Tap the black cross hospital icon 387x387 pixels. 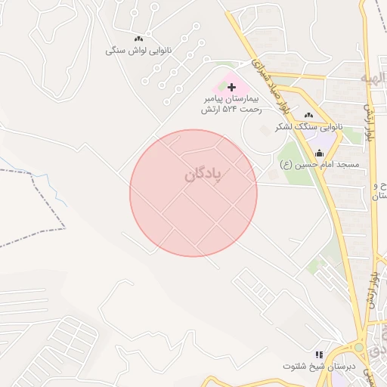click(231, 88)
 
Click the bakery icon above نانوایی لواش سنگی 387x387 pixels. click(138, 39)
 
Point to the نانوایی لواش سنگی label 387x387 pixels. click(138, 51)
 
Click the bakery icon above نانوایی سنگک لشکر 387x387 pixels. click(308, 115)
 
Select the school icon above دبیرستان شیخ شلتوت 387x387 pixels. click(319, 354)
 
